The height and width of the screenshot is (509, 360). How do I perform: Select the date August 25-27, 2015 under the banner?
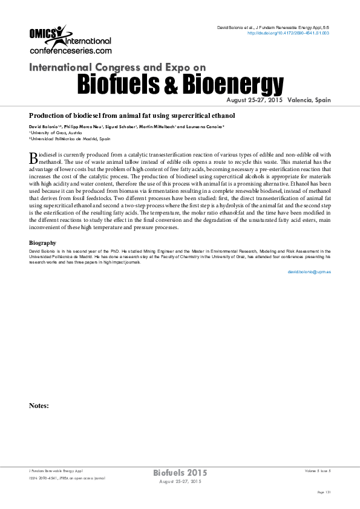pyautogui.click(x=254, y=100)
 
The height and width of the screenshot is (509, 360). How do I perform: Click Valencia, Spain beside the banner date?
pyautogui.click(x=310, y=100)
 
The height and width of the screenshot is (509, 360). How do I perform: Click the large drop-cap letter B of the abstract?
pyautogui.click(x=33, y=158)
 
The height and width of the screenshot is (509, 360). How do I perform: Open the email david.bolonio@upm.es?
pyautogui.click(x=309, y=272)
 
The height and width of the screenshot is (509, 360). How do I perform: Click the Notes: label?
pyautogui.click(x=39, y=406)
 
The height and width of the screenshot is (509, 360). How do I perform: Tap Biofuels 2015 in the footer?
pyautogui.click(x=180, y=472)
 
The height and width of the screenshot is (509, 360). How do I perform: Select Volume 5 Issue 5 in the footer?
pyautogui.click(x=318, y=470)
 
